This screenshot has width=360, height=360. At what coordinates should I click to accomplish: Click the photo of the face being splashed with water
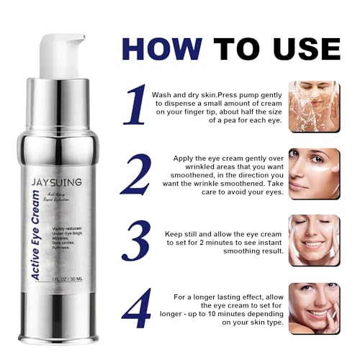click(314, 106)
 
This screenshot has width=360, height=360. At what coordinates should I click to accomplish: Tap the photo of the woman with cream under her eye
click(314, 174)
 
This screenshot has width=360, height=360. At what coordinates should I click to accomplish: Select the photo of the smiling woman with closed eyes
click(314, 240)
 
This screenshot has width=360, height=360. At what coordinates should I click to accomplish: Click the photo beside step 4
click(314, 308)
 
